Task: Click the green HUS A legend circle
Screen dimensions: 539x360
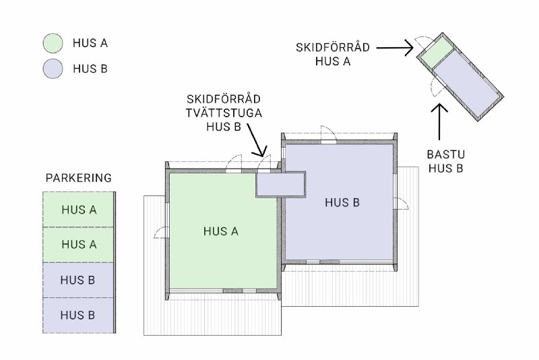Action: click(x=53, y=43)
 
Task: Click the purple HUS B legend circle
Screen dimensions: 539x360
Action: click(x=53, y=69)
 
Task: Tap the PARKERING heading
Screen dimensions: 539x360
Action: click(x=79, y=178)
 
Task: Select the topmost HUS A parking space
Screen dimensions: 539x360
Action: click(x=78, y=210)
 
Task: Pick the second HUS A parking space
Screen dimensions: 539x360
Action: click(x=78, y=245)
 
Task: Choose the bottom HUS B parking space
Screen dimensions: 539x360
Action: click(x=78, y=316)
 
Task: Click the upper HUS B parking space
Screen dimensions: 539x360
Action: click(x=78, y=280)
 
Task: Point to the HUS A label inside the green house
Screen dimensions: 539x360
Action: click(x=221, y=231)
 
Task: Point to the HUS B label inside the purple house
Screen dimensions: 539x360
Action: click(x=342, y=202)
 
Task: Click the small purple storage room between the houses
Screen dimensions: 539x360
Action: click(x=281, y=184)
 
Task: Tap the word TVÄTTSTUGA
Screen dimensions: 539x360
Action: click(x=224, y=113)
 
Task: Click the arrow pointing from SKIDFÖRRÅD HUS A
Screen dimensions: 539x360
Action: click(x=395, y=48)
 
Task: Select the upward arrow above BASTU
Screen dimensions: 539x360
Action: click(x=439, y=121)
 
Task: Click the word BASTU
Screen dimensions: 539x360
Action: click(x=446, y=154)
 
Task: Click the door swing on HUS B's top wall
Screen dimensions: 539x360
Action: click(x=328, y=134)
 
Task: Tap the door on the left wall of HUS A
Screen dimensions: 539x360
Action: click(x=160, y=232)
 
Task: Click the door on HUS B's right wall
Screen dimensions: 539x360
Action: click(x=401, y=204)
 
